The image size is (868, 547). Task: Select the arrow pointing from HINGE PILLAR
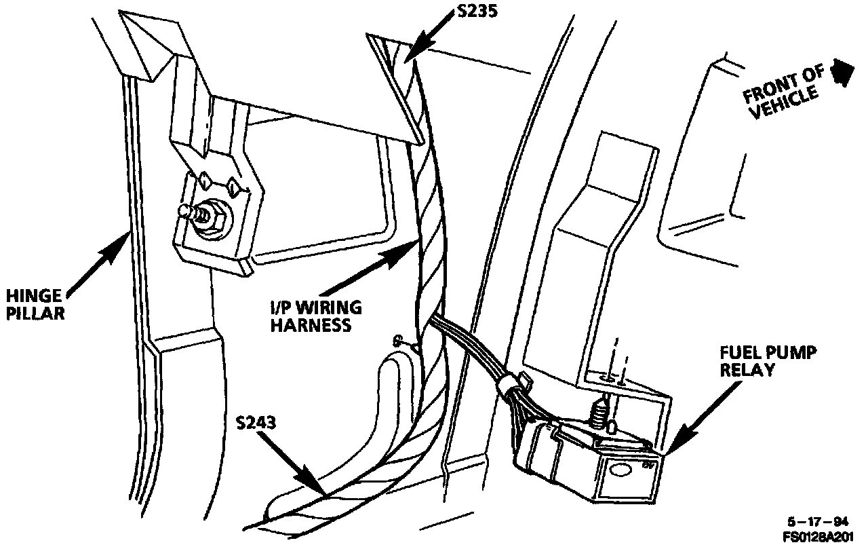coord(98,262)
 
